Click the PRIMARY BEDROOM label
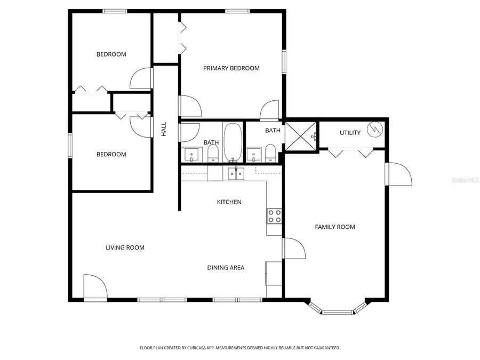coord(231,68)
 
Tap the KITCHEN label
coord(229,202)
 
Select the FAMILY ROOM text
coord(335,227)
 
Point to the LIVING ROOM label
coord(125,247)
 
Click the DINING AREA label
coord(226,268)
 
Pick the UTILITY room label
coord(350,133)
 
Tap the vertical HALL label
coord(164,129)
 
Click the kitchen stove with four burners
coord(274,216)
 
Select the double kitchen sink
coord(235,173)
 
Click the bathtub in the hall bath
coord(233,142)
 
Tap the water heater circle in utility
coord(377,129)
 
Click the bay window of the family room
coord(338,309)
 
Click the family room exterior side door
coord(399,174)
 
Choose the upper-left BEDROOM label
coord(111,54)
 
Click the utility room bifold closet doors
coord(350,153)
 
